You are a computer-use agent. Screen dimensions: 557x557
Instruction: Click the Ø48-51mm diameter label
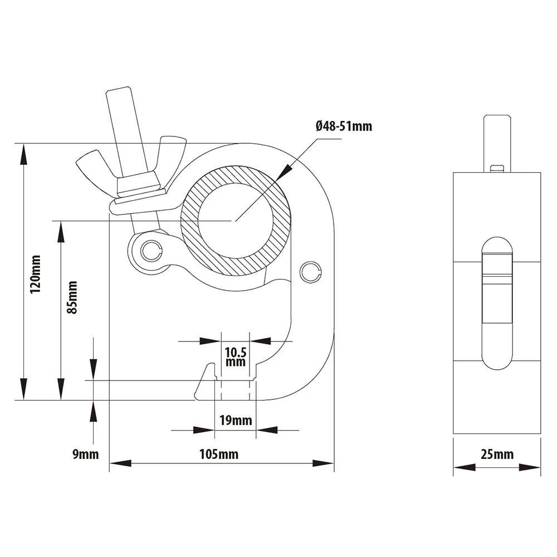(343, 126)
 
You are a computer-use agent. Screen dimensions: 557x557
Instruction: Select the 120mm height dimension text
(36, 274)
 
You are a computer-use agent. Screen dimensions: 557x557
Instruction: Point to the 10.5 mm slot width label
(236, 356)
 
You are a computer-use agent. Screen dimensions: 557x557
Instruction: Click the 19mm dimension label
(235, 421)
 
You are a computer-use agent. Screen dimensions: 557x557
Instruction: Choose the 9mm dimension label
(85, 455)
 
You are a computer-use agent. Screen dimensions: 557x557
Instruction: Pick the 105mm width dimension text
(218, 455)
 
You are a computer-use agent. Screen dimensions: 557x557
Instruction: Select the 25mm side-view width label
(497, 455)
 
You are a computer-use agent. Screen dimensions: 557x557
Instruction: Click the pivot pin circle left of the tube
(150, 251)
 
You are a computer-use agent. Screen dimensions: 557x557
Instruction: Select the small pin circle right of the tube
(310, 271)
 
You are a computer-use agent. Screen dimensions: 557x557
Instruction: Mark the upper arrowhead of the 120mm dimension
(23, 153)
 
